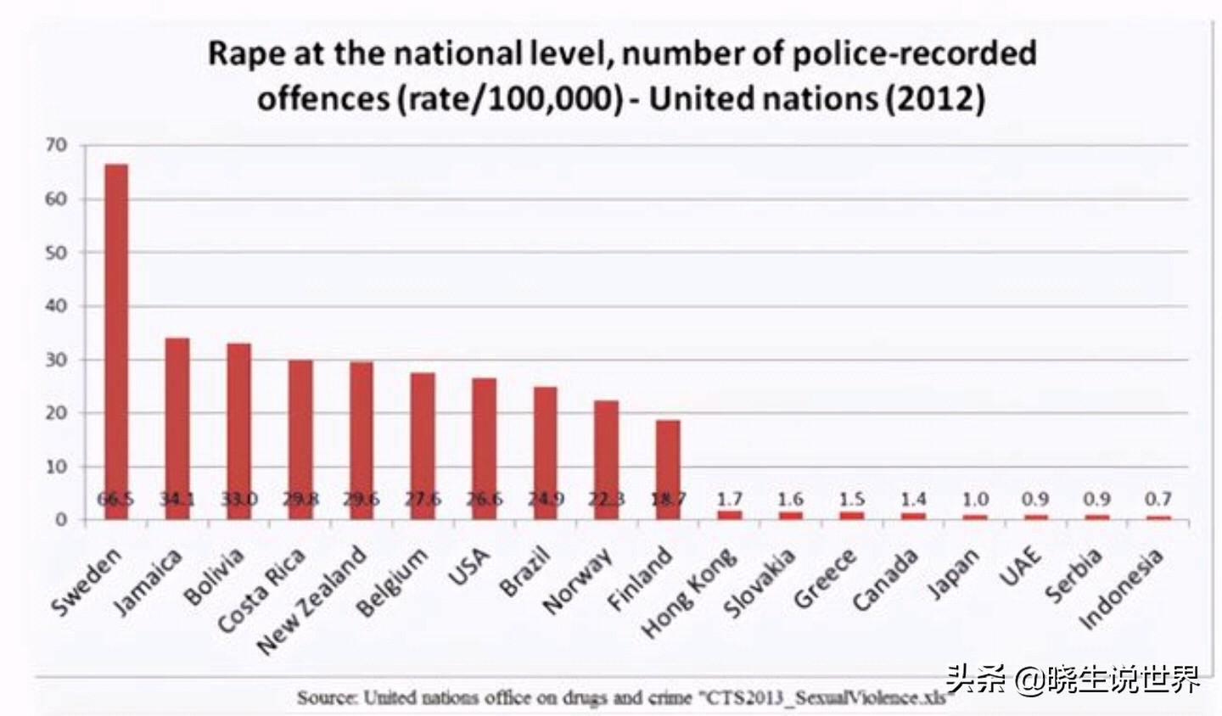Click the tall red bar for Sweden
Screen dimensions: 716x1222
[116, 339]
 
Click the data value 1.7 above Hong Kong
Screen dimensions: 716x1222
[729, 500]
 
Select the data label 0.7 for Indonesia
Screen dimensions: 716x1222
[1158, 500]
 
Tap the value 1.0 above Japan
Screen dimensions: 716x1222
[974, 500]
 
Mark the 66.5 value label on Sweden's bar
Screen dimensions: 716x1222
[115, 500]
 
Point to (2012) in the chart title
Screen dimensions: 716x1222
[935, 99]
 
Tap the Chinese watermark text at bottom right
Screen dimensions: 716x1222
[1073, 680]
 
